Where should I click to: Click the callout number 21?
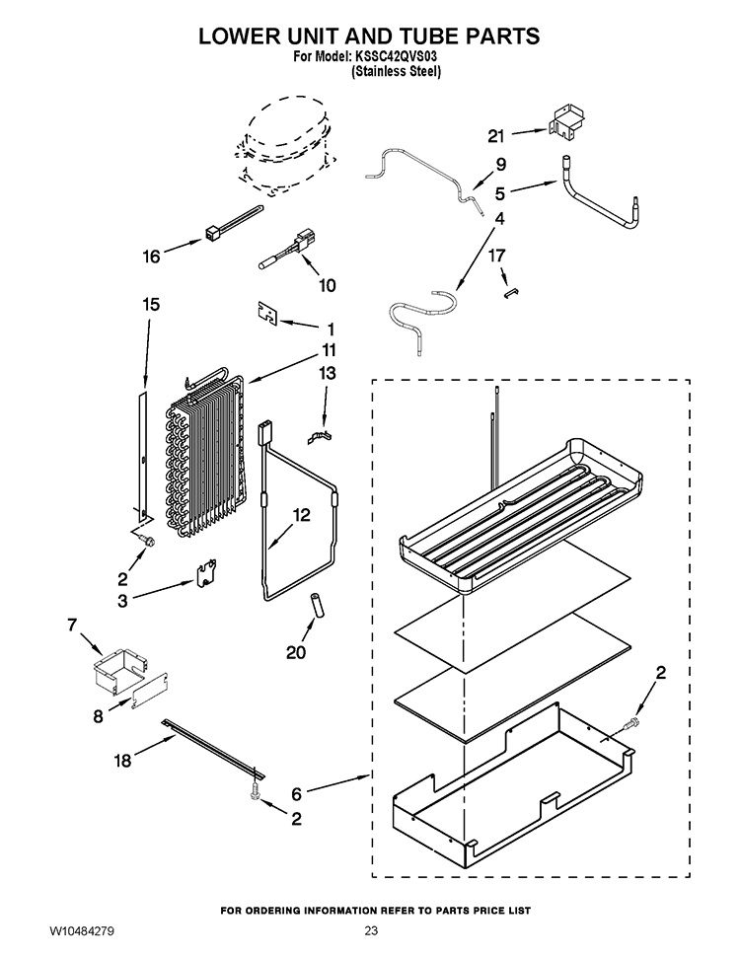pyautogui.click(x=495, y=135)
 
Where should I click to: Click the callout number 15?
pyautogui.click(x=151, y=304)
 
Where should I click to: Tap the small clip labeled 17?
pyautogui.click(x=511, y=293)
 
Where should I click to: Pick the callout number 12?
pyautogui.click(x=301, y=515)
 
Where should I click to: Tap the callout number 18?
pyautogui.click(x=122, y=761)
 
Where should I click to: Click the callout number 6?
pyautogui.click(x=296, y=793)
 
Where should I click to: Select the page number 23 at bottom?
pyautogui.click(x=371, y=931)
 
